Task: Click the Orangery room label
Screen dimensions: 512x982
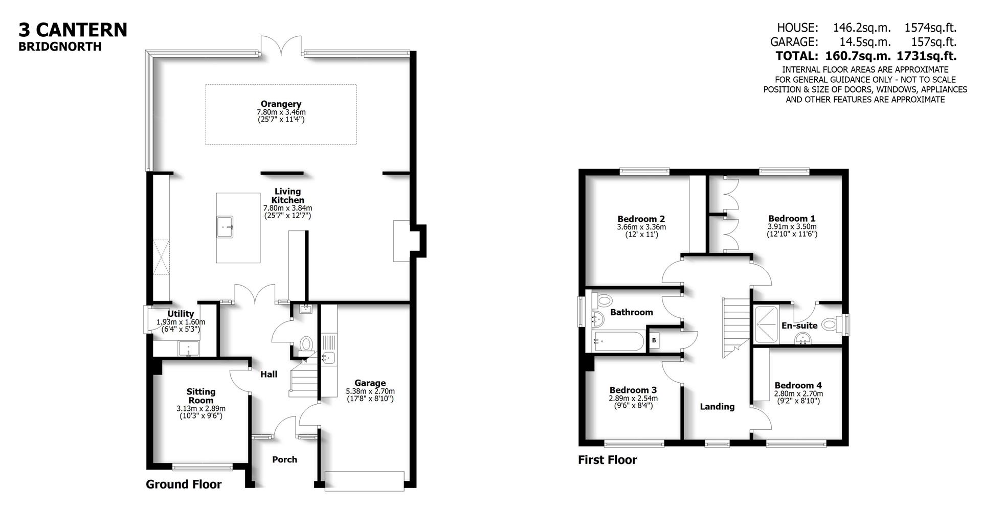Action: click(281, 104)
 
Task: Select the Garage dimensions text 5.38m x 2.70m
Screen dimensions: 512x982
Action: click(370, 391)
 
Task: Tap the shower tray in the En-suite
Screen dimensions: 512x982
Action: click(766, 324)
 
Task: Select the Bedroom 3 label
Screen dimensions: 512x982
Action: click(633, 390)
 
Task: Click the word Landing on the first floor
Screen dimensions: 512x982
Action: click(717, 407)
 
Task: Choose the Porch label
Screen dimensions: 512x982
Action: click(284, 459)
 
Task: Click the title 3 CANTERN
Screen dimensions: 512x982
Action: click(73, 30)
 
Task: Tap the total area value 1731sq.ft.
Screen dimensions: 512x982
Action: click(926, 56)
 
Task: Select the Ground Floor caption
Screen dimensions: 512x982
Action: click(184, 484)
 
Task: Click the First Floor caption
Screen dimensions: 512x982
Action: click(607, 460)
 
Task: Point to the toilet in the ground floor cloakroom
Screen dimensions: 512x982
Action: click(307, 343)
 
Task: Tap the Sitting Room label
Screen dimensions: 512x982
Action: click(200, 396)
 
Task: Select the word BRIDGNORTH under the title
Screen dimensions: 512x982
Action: click(60, 46)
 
